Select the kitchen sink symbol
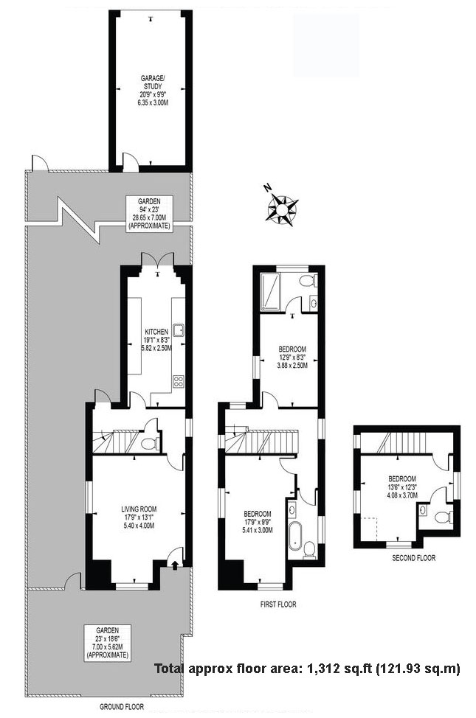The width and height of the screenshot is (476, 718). tap(178, 330)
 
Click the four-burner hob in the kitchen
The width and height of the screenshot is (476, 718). tap(178, 381)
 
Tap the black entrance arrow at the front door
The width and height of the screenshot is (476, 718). tap(174, 566)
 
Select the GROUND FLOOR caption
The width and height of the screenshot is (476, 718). tap(123, 706)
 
